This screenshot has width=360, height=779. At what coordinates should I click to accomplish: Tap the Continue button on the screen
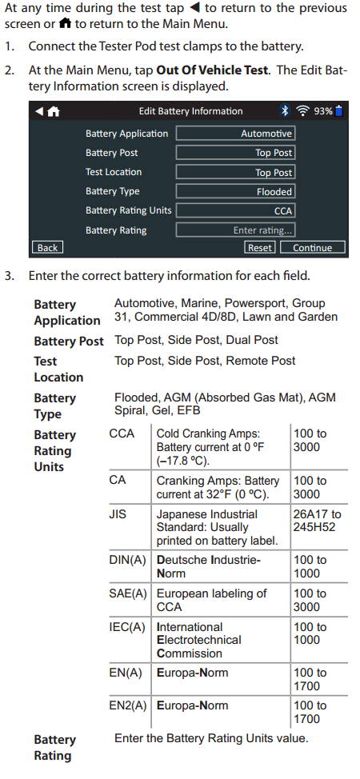tap(313, 247)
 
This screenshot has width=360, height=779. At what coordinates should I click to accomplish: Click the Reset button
tap(260, 247)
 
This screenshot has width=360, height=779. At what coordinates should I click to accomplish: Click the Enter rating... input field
tap(236, 230)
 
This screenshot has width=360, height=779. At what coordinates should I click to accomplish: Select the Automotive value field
tap(236, 133)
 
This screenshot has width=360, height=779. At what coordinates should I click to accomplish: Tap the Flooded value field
tap(236, 191)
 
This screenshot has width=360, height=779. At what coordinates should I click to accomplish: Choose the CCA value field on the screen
tap(236, 210)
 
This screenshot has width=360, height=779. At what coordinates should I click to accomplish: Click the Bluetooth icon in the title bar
tap(285, 111)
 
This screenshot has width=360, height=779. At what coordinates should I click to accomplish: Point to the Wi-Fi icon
tap(302, 111)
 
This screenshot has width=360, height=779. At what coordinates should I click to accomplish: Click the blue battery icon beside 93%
tap(339, 111)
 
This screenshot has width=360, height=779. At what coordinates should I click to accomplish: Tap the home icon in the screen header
tap(54, 111)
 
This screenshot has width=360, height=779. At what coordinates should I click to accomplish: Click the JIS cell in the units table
tap(118, 514)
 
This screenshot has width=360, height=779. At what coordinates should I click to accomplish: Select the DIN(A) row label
tap(128, 560)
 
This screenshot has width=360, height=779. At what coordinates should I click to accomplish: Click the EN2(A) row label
tap(128, 705)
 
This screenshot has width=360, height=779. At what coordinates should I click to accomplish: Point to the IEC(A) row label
tap(127, 627)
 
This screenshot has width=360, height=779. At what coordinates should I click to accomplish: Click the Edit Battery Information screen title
tap(191, 111)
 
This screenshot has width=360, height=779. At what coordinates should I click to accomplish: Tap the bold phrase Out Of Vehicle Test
tap(212, 70)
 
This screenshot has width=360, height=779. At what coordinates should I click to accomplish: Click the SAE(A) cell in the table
tap(128, 593)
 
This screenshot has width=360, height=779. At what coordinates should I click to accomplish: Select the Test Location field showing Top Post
tap(236, 172)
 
